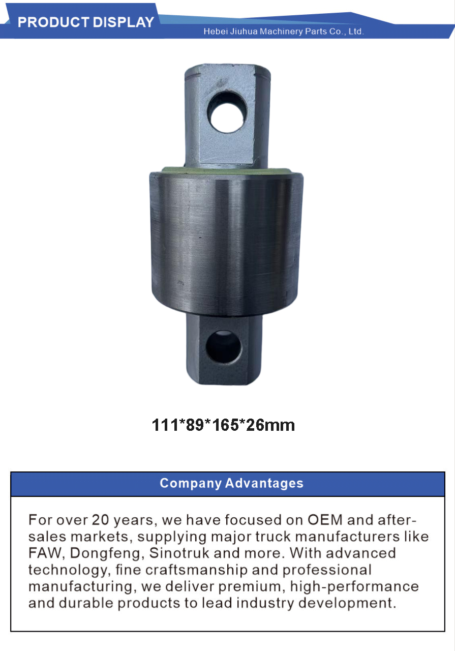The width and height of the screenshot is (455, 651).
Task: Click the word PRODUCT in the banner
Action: pyautogui.click(x=53, y=22)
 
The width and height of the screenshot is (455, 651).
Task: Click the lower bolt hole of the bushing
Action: pyautogui.click(x=224, y=346)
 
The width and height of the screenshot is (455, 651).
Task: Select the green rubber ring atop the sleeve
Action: pyautogui.click(x=226, y=170)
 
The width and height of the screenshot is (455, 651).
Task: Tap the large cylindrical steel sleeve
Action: pyautogui.click(x=226, y=244)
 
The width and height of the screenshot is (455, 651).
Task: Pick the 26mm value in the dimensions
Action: pyautogui.click(x=270, y=425)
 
